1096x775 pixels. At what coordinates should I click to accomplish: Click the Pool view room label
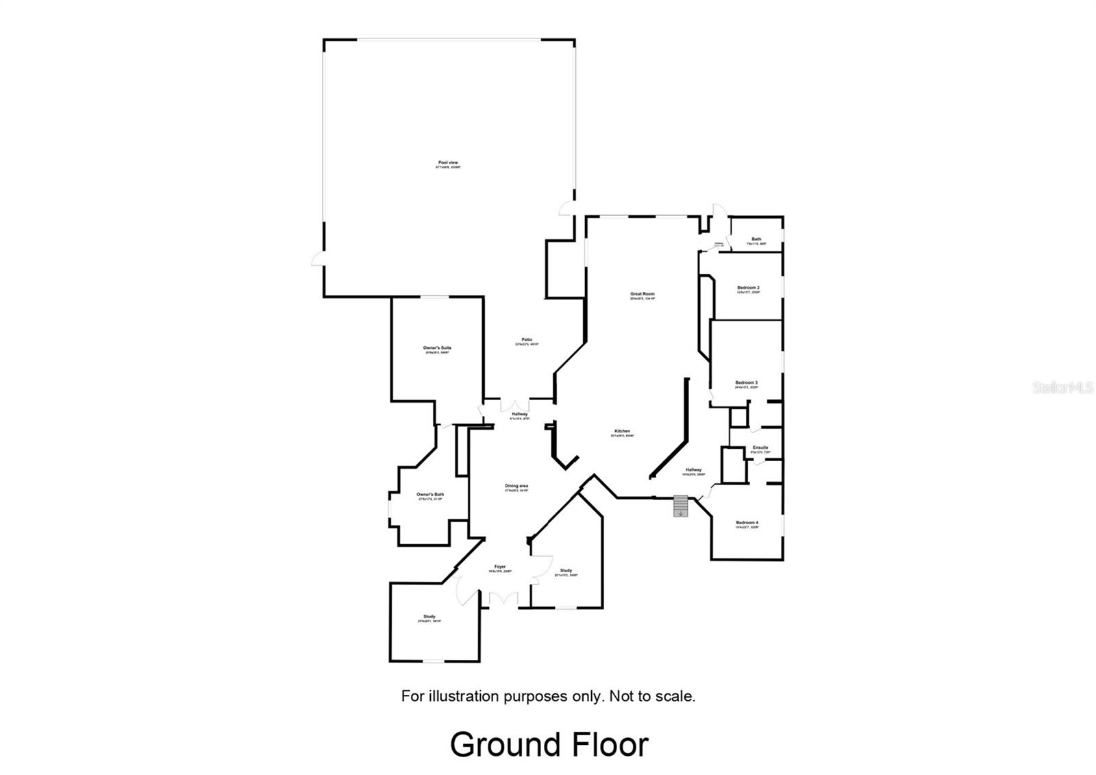(x=448, y=163)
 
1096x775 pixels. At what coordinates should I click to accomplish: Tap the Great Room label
(x=643, y=295)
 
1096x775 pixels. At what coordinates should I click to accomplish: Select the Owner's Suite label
(x=437, y=348)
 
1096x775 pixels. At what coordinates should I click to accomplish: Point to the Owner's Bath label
(x=430, y=495)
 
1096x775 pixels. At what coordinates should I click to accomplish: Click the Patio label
(x=527, y=340)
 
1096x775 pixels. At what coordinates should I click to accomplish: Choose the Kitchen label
(x=622, y=432)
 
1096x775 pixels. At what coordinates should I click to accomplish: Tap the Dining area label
(x=516, y=487)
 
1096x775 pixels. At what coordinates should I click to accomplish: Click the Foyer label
(x=501, y=567)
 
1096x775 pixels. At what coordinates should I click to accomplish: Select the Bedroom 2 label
(x=748, y=288)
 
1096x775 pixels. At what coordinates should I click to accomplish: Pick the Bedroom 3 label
(x=747, y=383)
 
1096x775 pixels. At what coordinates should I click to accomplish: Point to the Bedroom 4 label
(x=747, y=523)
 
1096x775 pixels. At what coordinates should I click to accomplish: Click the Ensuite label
(x=760, y=448)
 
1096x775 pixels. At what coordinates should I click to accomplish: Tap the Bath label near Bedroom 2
(x=756, y=240)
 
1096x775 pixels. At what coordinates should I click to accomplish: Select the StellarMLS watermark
(x=1063, y=388)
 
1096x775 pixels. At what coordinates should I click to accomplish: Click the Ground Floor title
(x=549, y=745)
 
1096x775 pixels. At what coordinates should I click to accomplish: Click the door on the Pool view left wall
(x=317, y=258)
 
